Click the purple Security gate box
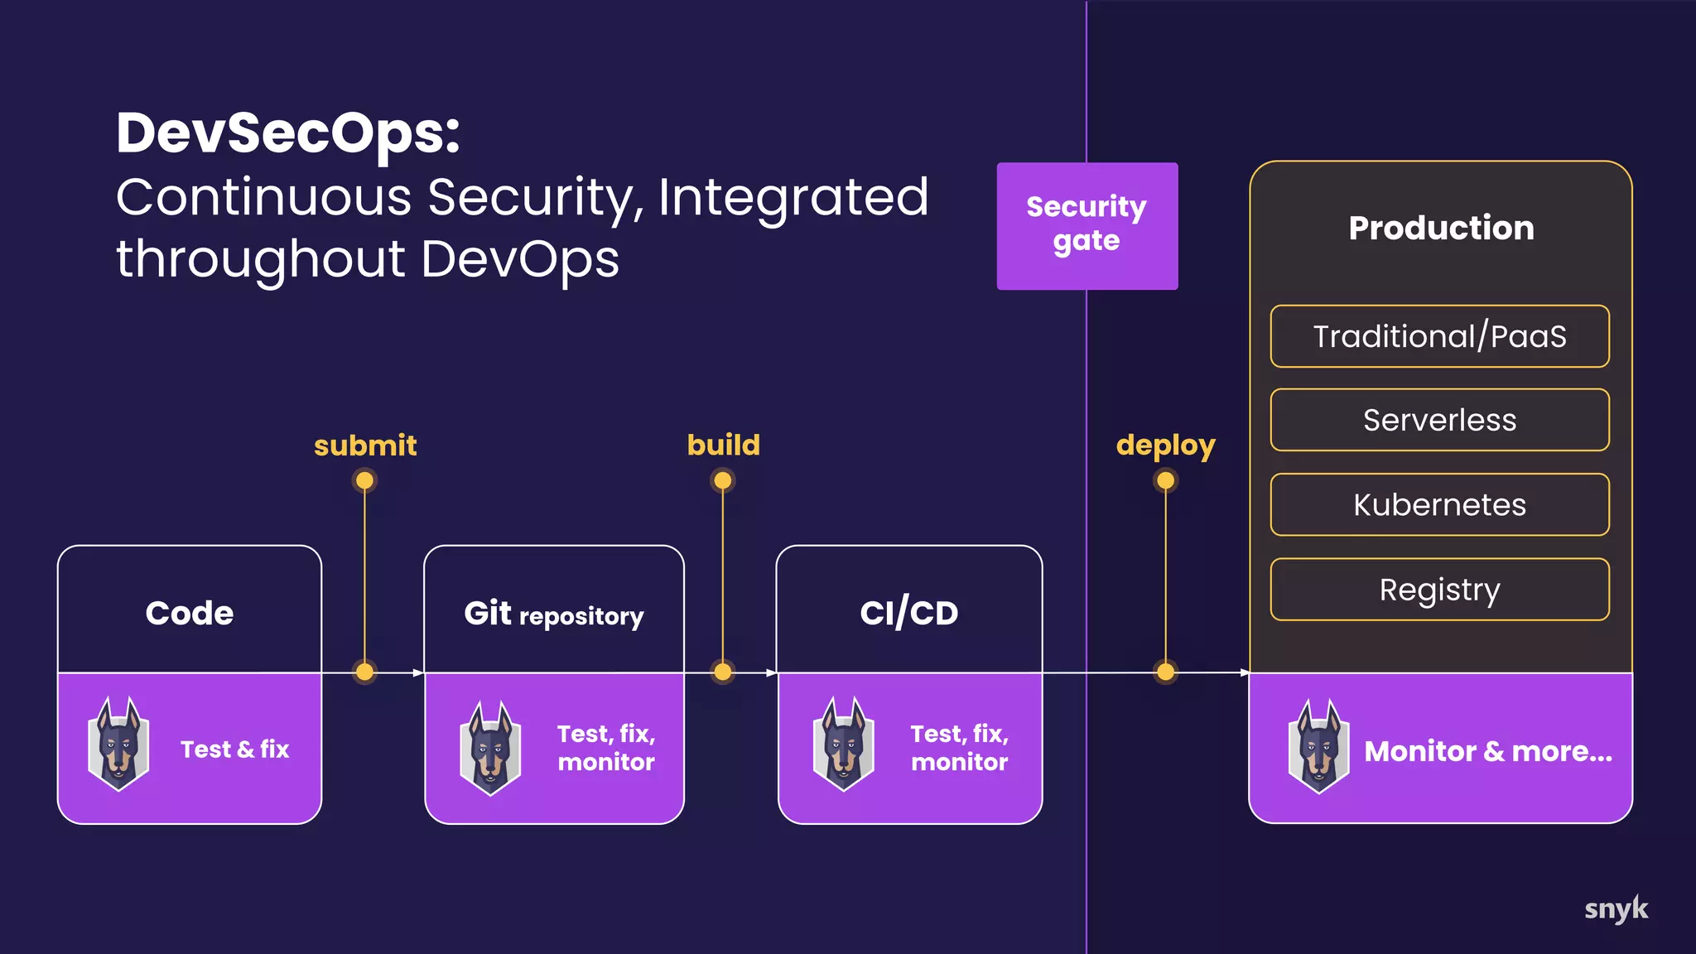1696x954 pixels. coord(1086,225)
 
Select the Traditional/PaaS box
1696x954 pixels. coord(1439,336)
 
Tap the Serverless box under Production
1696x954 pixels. coord(1439,420)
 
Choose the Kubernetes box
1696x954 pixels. coord(1439,504)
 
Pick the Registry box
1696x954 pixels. coord(1439,589)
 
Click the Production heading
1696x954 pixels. coord(1440,228)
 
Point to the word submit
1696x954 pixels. coord(365,446)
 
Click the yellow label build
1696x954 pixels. coord(723,445)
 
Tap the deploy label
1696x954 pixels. coord(1165,446)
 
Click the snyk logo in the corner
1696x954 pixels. coord(1616,909)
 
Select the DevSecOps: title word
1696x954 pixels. coord(287,132)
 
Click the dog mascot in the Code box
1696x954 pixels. coord(119,744)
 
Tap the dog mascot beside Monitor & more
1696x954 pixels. coord(1318,746)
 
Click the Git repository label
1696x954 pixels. coord(553,614)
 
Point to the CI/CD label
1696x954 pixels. coord(908,613)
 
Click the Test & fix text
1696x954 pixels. coord(234,749)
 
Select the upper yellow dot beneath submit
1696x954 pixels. coord(364,480)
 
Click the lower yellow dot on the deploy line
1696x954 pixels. coord(1165,672)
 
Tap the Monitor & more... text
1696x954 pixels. coord(1487,751)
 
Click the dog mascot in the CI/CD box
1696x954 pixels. coord(844,744)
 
